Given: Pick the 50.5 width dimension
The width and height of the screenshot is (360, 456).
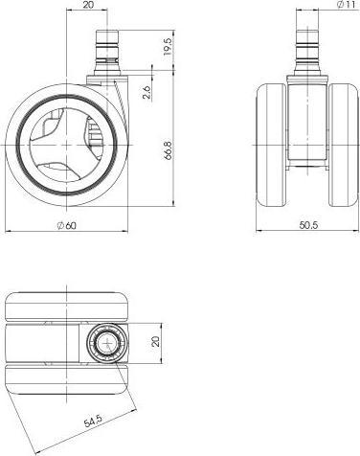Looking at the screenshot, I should click(306, 225).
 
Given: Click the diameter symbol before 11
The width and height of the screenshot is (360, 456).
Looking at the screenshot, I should click(330, 7).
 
